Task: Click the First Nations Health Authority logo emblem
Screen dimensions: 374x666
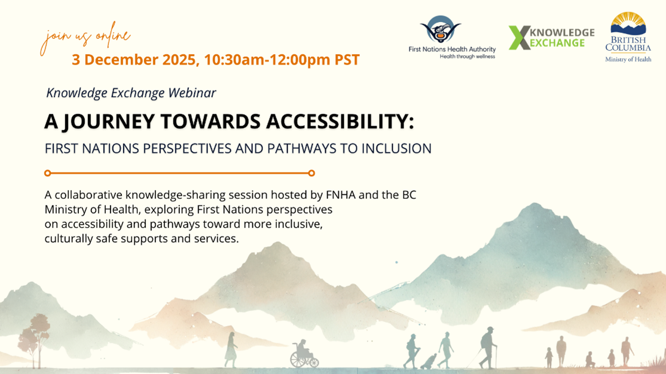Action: [440, 29]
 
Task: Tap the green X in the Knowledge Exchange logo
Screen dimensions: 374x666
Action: [519, 38]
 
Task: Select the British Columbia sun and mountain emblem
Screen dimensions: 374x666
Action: [627, 25]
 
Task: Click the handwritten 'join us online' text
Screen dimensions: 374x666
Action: [84, 39]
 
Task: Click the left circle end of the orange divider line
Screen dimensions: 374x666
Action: [48, 173]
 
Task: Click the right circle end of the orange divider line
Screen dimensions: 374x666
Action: [311, 173]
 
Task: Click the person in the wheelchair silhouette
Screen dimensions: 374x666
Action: [304, 354]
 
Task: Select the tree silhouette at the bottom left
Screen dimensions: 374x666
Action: [33, 340]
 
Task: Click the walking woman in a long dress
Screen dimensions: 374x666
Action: [231, 350]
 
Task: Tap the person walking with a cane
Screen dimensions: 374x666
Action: [488, 347]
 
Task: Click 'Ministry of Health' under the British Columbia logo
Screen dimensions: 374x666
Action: [628, 59]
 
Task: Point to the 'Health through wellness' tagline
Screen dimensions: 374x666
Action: [467, 56]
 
